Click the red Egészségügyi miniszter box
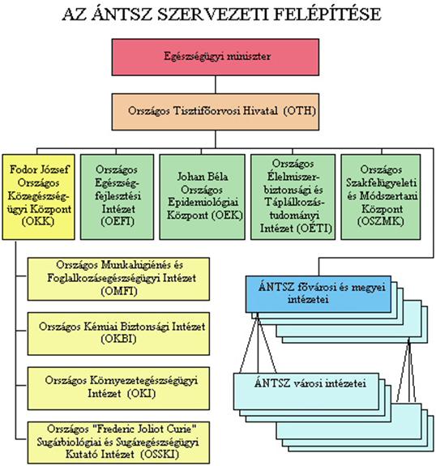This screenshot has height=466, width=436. (216, 57)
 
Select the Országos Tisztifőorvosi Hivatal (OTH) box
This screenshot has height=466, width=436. (216, 112)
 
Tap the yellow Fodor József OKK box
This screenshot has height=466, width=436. (38, 197)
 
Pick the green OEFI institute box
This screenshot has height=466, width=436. (117, 197)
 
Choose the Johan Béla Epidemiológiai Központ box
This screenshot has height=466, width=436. (203, 197)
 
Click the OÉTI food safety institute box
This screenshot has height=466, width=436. (293, 197)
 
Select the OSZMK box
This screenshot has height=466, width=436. (381, 197)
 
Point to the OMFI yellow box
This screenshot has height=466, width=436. (118, 279)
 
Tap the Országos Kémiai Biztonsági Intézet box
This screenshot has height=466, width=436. (118, 333)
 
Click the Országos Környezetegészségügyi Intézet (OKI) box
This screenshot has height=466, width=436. (118, 388)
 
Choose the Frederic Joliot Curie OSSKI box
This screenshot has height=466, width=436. (118, 442)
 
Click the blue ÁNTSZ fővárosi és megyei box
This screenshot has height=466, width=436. (318, 294)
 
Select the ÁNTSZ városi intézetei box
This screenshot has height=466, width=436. (306, 391)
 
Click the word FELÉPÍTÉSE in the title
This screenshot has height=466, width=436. (327, 14)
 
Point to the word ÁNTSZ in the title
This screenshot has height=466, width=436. (122, 14)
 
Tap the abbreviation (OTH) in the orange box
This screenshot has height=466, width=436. (299, 111)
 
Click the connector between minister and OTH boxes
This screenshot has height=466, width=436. (216, 85)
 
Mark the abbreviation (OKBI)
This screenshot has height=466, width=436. (118, 339)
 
